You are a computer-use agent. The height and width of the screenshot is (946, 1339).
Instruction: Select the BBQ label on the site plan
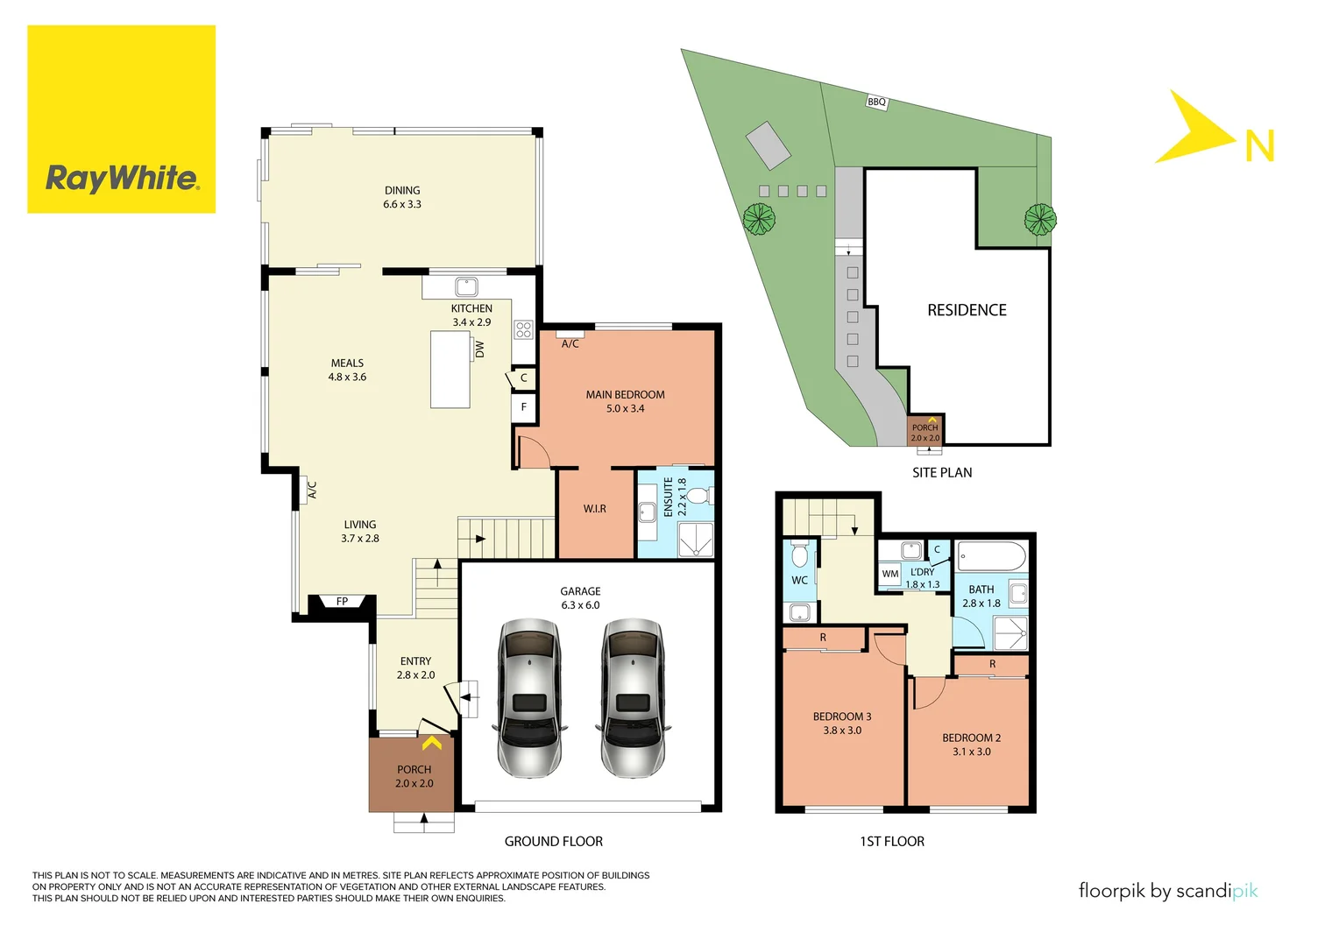(876, 102)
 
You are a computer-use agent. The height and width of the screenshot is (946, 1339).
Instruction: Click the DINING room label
(402, 190)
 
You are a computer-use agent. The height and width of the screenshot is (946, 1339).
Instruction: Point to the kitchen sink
(466, 286)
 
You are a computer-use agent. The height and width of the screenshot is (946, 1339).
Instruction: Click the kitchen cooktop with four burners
(524, 330)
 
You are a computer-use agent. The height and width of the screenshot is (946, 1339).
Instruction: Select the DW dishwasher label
(480, 349)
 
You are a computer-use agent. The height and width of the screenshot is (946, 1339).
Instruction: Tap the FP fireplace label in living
(342, 602)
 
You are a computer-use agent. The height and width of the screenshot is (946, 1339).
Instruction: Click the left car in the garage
(528, 698)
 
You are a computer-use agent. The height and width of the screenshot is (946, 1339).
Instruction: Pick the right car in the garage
(633, 698)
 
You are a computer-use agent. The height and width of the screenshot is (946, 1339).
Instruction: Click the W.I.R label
(595, 509)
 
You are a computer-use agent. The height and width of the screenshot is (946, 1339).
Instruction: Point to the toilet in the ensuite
(698, 497)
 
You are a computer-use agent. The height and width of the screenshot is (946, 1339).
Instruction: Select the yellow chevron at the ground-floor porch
(432, 744)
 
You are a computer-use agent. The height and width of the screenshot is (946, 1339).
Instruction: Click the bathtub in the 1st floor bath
(991, 556)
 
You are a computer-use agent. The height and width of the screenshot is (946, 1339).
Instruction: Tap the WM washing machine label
(890, 575)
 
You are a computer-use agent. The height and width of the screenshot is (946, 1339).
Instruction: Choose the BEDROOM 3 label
(842, 717)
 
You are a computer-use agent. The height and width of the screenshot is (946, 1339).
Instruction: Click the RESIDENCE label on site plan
(967, 310)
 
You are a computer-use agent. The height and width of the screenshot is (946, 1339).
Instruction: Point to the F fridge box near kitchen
(524, 407)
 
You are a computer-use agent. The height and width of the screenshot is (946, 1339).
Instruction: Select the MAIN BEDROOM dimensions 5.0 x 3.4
(625, 409)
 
